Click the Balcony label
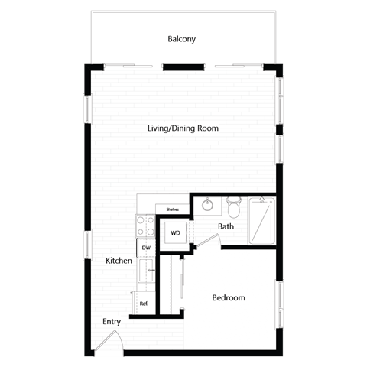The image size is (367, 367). click(x=183, y=39)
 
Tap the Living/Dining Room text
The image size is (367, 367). click(x=183, y=128)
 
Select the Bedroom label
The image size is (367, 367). click(x=228, y=297)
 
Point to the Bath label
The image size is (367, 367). click(x=226, y=226)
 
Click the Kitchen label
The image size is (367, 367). click(x=119, y=261)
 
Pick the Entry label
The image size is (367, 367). click(x=112, y=322)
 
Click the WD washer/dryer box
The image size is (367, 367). click(x=175, y=232)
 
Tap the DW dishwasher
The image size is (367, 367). click(x=145, y=247)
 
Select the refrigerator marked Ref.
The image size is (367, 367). click(x=144, y=303)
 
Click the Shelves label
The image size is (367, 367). click(x=172, y=209)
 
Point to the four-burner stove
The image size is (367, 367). click(x=145, y=225)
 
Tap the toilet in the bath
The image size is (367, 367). click(x=234, y=207)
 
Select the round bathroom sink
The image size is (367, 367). click(x=206, y=205)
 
